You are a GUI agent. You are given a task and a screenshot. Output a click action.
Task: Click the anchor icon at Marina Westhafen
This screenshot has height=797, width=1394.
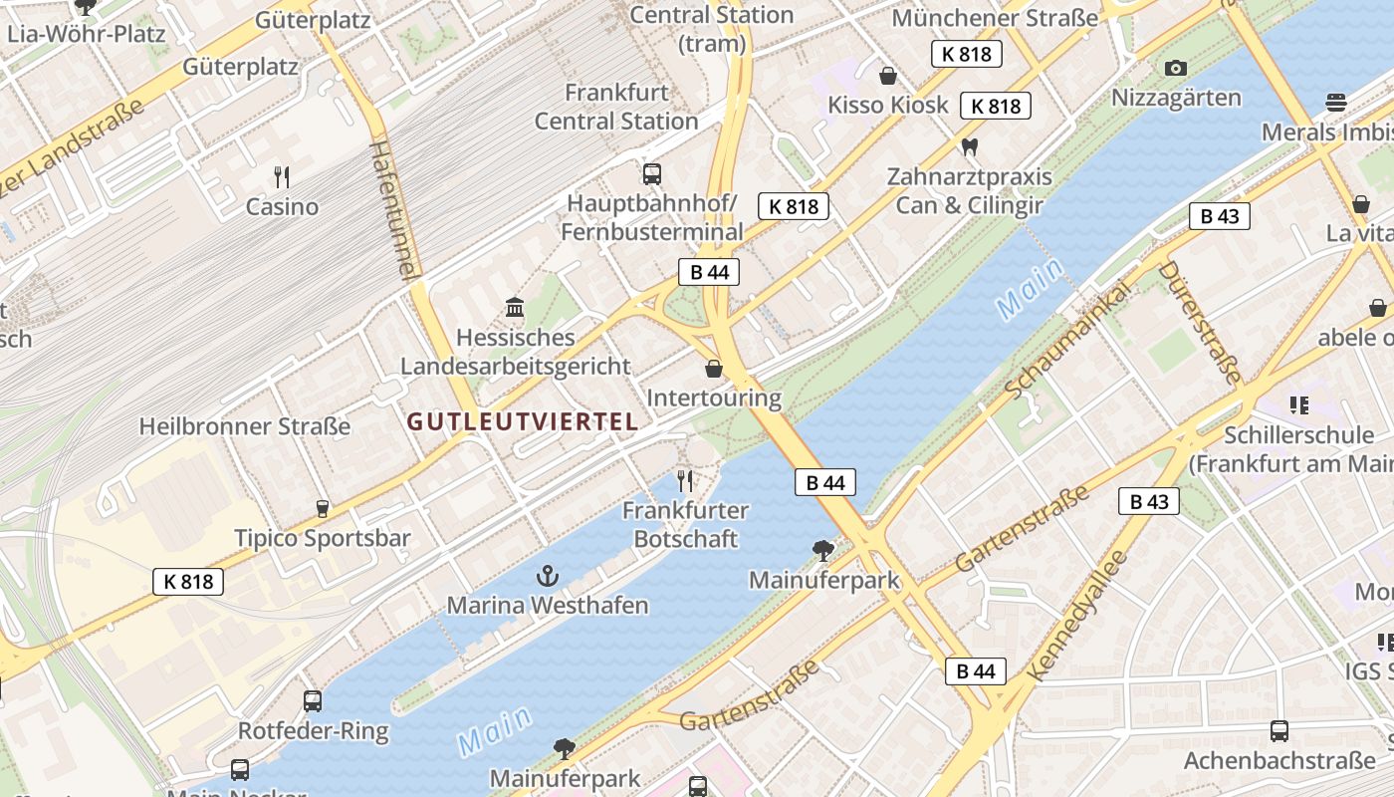[x=547, y=575]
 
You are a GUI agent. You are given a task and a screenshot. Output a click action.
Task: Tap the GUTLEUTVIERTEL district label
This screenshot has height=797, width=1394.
[x=522, y=421]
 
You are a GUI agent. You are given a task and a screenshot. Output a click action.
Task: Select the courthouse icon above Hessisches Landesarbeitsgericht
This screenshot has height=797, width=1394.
[x=515, y=307]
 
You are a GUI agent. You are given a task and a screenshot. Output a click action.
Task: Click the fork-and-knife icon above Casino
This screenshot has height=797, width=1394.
[x=283, y=177]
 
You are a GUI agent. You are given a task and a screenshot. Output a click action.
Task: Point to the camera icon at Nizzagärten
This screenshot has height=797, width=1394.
[x=1176, y=68]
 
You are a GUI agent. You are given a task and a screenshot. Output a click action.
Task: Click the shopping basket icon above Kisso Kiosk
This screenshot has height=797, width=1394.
[x=888, y=76]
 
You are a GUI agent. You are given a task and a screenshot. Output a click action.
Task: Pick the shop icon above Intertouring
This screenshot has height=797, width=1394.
[x=714, y=370]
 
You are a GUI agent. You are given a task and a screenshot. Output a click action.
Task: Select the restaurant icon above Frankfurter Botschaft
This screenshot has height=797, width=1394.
[x=685, y=481]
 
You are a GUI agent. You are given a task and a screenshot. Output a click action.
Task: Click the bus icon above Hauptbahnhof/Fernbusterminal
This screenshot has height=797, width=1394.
[x=652, y=174]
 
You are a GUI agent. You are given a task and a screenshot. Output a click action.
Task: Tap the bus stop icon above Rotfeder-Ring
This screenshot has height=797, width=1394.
[x=313, y=701]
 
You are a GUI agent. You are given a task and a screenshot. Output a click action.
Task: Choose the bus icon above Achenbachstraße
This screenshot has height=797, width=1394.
[x=1279, y=732]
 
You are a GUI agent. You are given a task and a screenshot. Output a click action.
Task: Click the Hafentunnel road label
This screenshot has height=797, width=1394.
[x=395, y=209]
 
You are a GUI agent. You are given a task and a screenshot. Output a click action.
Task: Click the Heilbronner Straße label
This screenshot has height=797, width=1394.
[x=245, y=426]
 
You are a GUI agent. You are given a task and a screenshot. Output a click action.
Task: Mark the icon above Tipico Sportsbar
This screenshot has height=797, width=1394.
[x=322, y=509]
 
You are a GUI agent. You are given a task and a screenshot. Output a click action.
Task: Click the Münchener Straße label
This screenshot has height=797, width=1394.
[x=995, y=18]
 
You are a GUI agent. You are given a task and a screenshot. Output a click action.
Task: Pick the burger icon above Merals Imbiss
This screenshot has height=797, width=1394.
[x=1336, y=103]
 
